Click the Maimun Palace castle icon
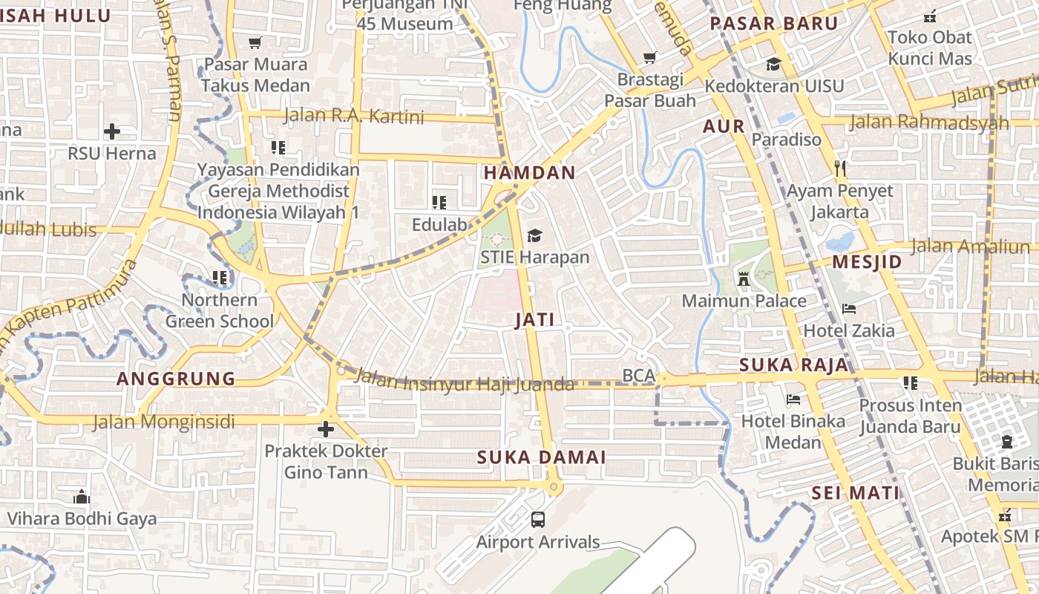coord(744,279)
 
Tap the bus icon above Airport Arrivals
coord(538,520)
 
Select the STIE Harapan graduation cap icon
coord(534,236)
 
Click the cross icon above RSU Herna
coord(112,131)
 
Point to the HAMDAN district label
coord(529,173)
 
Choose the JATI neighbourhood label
coord(534,321)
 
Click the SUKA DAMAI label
coord(542,457)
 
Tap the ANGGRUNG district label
coord(176,379)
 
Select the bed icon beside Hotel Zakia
coord(849,309)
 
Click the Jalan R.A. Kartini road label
coord(354,117)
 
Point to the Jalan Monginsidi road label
coord(163,422)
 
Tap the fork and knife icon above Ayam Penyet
coord(840,169)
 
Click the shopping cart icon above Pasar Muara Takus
coord(255,43)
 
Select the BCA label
coord(638,376)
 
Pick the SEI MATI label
coord(855,493)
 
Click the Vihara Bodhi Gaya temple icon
coord(82,496)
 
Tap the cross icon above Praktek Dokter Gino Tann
coord(325,429)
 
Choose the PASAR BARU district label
coord(774,23)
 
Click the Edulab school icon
coord(439,202)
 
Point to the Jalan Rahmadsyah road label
coord(929,122)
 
